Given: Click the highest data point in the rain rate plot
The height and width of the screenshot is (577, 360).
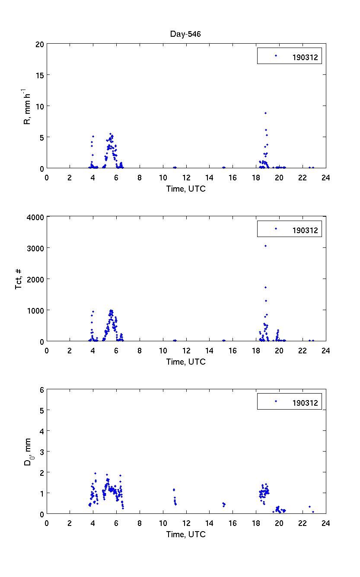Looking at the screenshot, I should [265, 113].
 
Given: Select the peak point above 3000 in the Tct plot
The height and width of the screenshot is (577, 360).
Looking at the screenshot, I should [265, 246].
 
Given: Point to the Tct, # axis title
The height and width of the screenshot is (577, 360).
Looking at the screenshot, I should [19, 279].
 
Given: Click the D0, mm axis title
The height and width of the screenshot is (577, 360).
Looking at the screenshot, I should [27, 452].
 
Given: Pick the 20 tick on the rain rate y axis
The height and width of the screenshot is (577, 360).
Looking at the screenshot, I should [40, 44].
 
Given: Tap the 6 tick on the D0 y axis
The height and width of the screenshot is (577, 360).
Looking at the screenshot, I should [42, 390].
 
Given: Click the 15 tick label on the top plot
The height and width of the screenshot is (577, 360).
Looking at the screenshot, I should [40, 75].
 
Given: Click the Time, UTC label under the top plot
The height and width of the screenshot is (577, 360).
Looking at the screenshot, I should [186, 189].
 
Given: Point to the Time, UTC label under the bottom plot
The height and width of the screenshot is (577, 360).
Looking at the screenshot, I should [186, 535].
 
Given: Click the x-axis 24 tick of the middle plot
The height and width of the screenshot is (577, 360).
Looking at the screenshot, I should [325, 350].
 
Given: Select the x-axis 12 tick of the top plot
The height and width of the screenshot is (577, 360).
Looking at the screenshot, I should [186, 177].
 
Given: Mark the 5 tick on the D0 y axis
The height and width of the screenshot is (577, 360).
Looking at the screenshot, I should [42, 410].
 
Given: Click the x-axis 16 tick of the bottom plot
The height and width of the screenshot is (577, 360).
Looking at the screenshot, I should [233, 523].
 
